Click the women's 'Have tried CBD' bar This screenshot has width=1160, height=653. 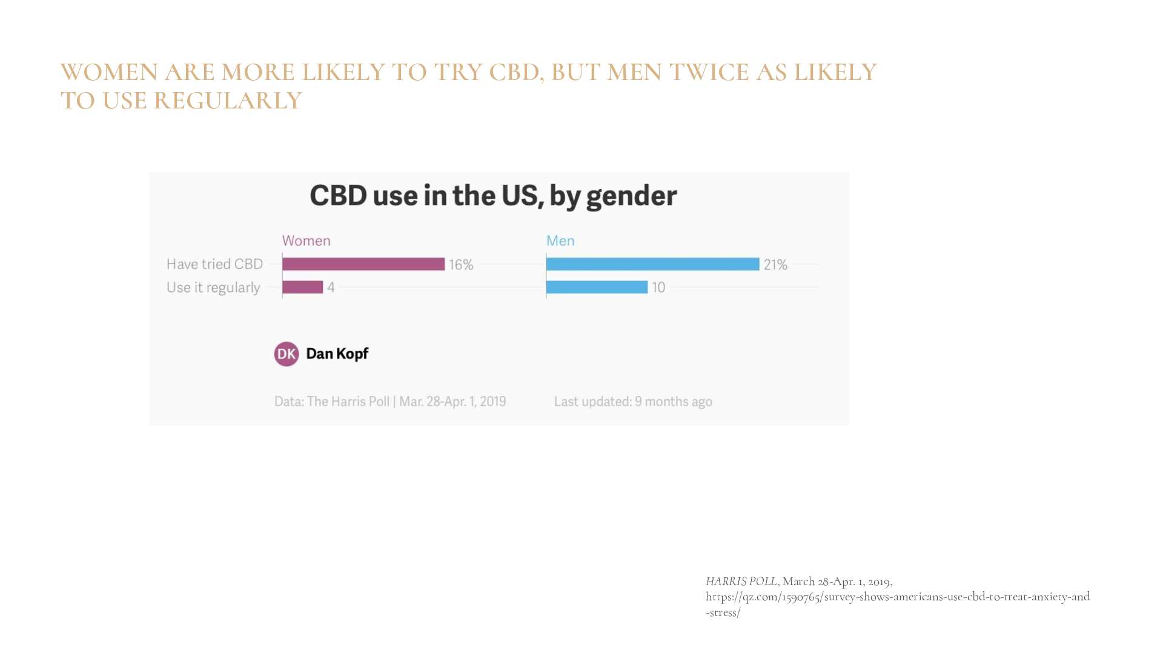click(363, 264)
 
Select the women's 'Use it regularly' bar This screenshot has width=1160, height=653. click(303, 287)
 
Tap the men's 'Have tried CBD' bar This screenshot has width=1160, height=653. click(652, 264)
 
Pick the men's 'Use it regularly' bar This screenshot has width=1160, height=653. click(597, 287)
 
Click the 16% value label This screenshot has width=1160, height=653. click(461, 265)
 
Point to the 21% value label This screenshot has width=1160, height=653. click(775, 265)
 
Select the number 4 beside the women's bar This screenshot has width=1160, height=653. click(331, 287)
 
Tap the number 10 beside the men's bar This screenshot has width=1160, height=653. click(658, 287)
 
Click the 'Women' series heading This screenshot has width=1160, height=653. click(307, 240)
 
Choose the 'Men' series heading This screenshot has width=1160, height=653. click(560, 240)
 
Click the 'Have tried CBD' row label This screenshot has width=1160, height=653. click(214, 264)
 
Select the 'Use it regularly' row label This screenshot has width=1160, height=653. click(213, 287)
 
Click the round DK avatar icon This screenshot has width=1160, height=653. click(287, 354)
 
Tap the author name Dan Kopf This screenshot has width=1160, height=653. click(337, 354)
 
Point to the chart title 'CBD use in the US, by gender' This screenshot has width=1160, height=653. click(493, 196)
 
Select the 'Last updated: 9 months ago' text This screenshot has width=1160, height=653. click(633, 402)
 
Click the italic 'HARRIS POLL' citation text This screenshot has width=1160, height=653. click(741, 582)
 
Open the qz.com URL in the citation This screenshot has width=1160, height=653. click(897, 597)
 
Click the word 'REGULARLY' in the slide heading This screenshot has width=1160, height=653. click(228, 101)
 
